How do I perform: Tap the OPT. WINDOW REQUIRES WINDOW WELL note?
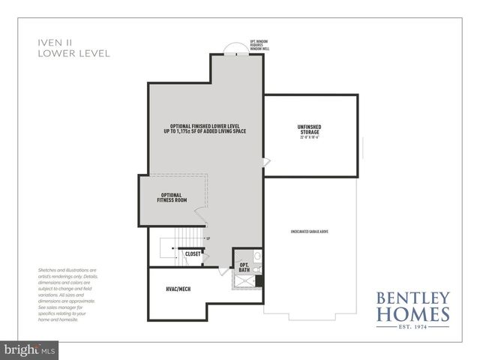259,44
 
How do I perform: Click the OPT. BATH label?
244,268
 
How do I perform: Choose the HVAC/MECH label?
178,289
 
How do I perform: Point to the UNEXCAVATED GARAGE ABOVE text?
310,231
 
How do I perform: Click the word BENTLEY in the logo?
414,295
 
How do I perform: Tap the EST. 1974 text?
414,327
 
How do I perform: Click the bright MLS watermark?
29,349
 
